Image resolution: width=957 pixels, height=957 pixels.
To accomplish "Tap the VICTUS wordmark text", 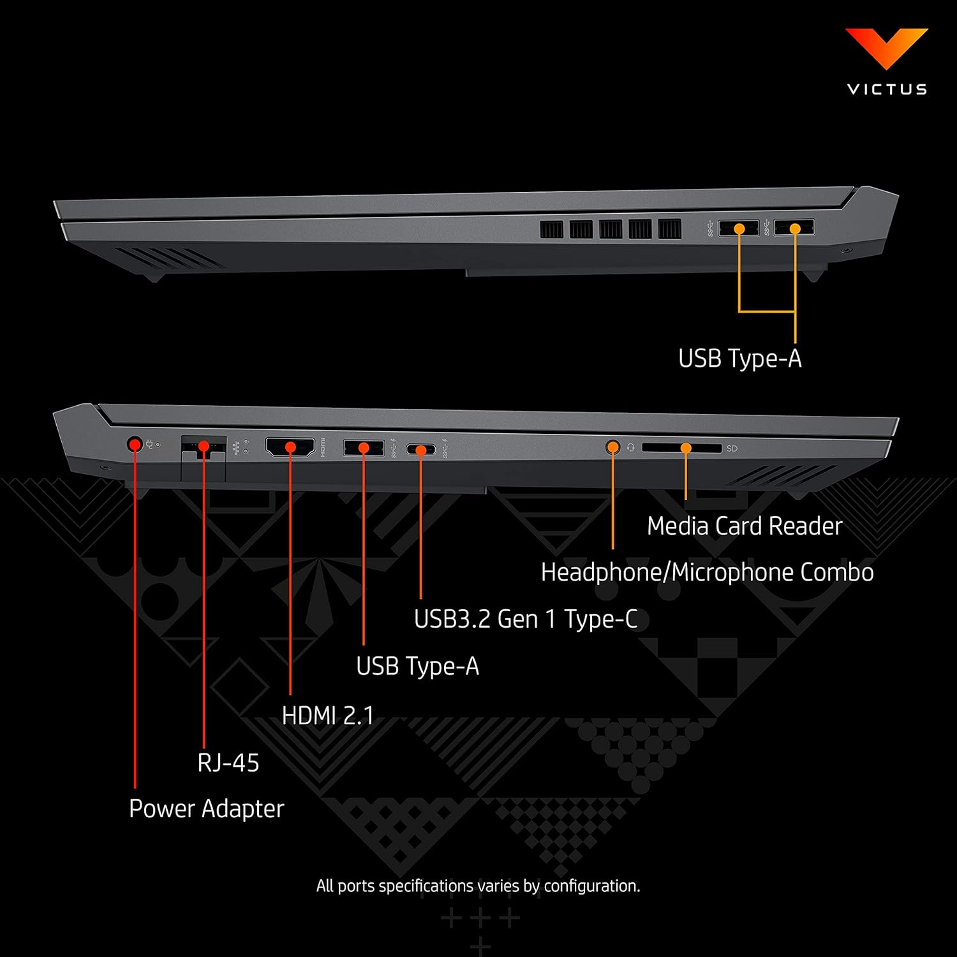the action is point(887,89).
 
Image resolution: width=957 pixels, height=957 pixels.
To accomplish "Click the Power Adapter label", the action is point(206,809).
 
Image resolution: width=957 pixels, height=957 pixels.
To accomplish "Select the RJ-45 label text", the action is point(228,762).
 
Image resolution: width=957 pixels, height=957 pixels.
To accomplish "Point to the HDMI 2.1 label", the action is point(328,716).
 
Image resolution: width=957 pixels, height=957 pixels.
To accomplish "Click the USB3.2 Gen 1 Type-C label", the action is point(526,619).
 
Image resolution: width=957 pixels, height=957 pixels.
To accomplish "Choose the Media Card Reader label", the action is point(745,526).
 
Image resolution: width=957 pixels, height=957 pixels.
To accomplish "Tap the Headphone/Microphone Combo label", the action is point(707,572).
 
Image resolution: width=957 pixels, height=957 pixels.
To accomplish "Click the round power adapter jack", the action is point(135,444).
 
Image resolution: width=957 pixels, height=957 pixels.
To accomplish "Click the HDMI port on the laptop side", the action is point(290,447).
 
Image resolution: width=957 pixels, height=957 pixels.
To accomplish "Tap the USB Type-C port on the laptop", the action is point(421,450).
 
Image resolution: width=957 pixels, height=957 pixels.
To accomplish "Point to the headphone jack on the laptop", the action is point(612,447).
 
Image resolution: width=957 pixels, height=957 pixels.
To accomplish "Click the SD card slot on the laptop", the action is point(681,448).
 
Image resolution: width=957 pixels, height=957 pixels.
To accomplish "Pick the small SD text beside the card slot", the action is point(732,449).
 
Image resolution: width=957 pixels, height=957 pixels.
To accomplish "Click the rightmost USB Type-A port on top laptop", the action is point(794,228).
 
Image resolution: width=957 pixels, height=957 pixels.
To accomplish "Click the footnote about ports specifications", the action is point(478,886).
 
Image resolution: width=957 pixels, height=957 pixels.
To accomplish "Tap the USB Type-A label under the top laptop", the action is point(739,359).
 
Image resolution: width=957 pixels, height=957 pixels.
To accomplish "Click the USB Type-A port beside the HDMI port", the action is point(364,448).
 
